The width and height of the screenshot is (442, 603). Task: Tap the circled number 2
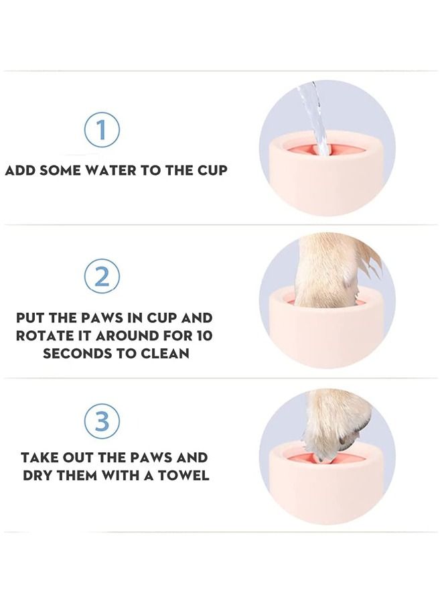102,277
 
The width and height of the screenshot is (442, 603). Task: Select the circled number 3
102,421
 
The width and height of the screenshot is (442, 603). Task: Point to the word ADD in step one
21,170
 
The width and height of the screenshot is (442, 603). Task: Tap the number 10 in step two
202,335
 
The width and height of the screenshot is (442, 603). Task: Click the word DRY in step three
38,476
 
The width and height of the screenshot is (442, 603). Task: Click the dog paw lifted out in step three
335,422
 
